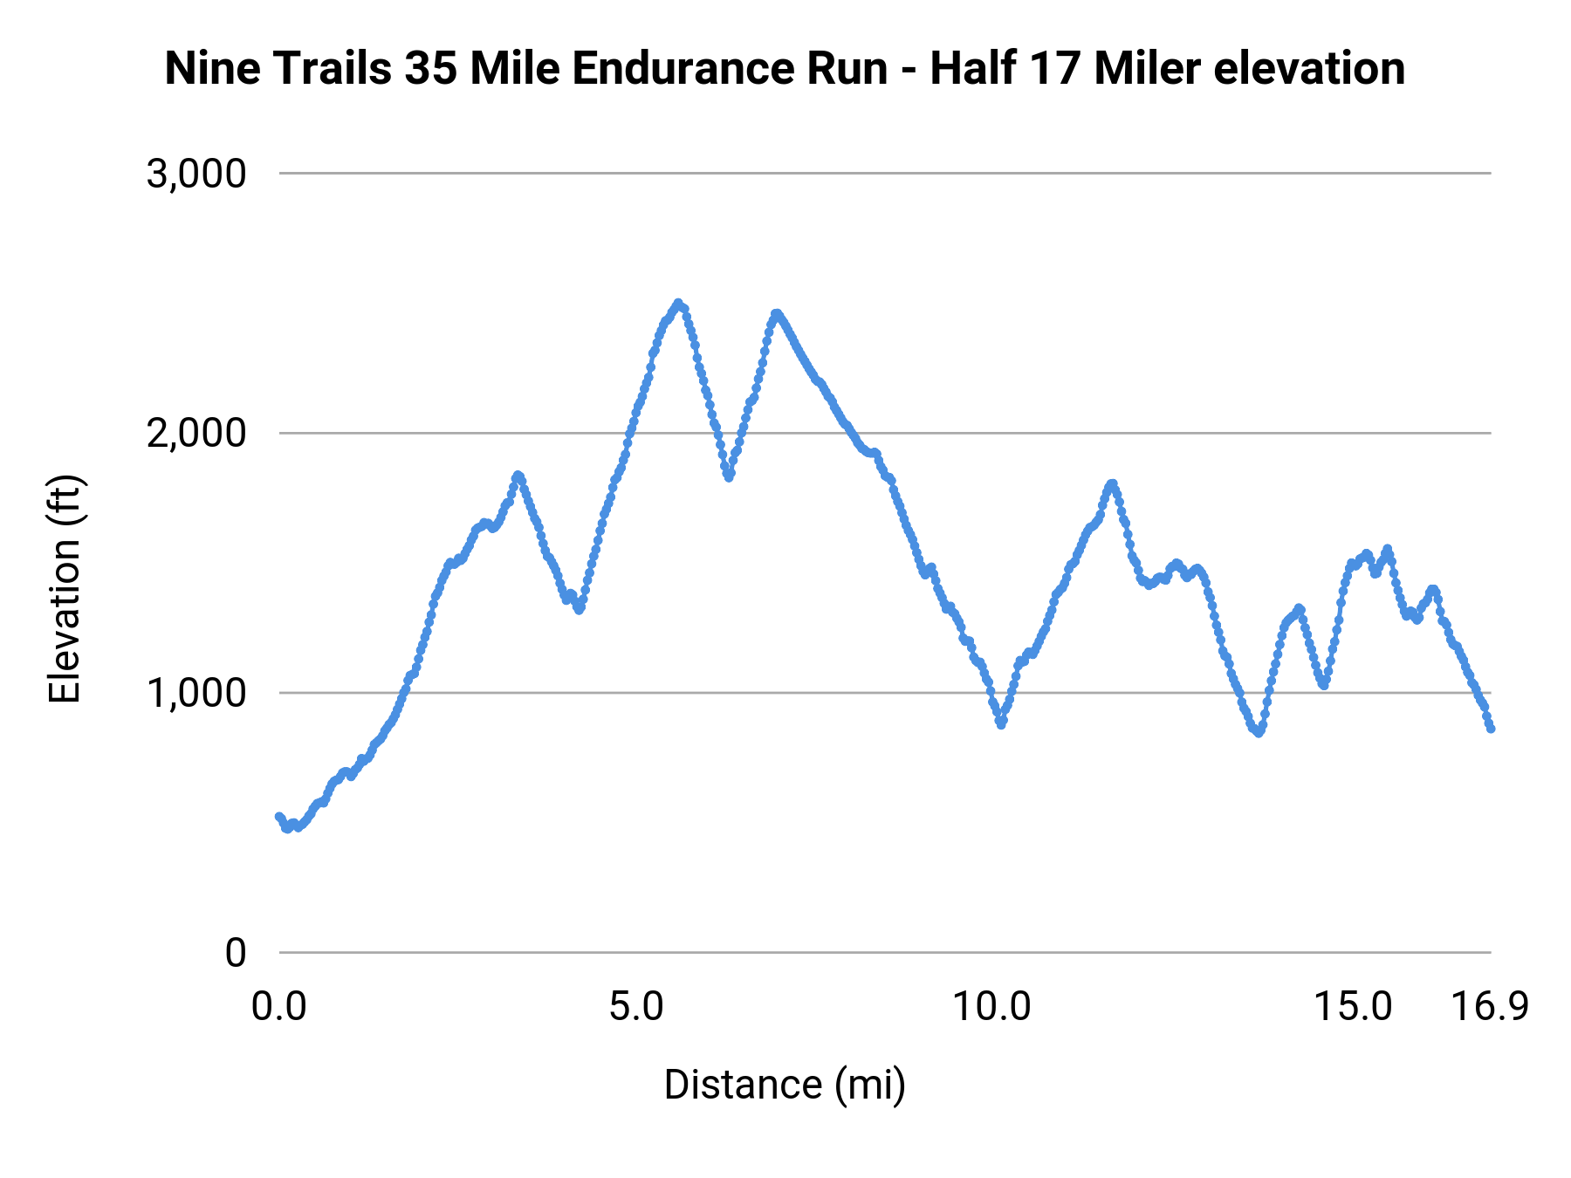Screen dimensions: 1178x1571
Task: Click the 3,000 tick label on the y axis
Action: point(196,174)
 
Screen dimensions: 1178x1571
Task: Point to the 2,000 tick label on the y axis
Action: point(196,433)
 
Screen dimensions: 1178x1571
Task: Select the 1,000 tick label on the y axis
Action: point(196,693)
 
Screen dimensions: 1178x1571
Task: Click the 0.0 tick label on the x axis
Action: point(279,1007)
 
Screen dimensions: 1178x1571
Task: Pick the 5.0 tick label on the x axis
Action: point(636,1007)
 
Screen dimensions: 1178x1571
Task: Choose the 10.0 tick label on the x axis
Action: point(991,1007)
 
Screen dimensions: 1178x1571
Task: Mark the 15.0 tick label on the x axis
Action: point(1353,1007)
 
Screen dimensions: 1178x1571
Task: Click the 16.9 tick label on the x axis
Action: point(1490,1007)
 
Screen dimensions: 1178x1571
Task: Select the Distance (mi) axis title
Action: point(785,1085)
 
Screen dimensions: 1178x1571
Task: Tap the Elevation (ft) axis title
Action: point(65,589)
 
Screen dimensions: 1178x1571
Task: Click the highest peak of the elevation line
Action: point(678,303)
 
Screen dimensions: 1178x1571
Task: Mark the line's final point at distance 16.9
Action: point(1491,728)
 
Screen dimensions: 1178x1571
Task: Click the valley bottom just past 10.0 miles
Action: point(1001,723)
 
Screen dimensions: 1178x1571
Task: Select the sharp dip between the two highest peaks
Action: point(729,476)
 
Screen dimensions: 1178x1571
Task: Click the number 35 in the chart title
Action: point(431,68)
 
